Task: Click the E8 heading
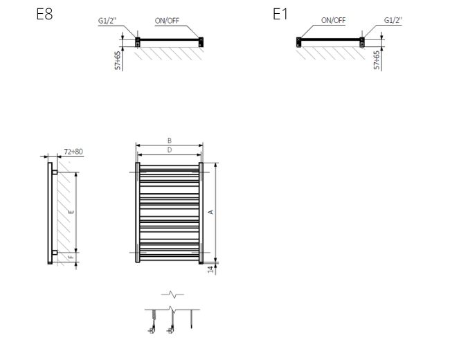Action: tap(44, 14)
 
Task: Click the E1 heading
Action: tap(280, 14)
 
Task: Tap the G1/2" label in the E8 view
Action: tap(107, 21)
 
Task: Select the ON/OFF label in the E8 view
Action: tap(167, 21)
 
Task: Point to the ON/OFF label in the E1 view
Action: tap(333, 20)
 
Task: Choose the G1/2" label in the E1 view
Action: tap(393, 20)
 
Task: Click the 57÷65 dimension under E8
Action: tap(118, 60)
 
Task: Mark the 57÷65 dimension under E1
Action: tap(377, 60)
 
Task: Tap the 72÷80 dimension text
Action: tap(73, 152)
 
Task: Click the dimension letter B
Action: tap(170, 141)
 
